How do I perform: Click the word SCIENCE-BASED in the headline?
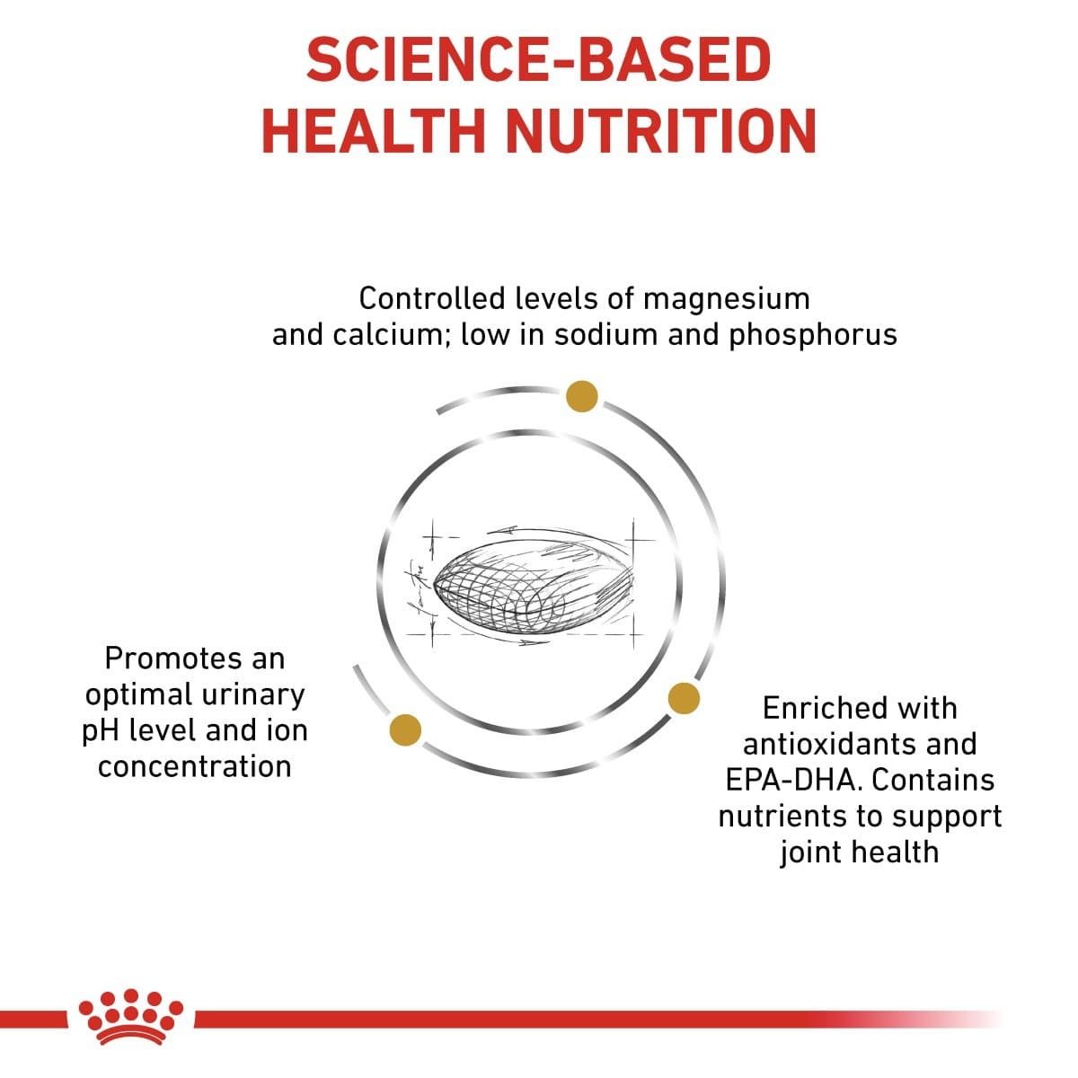pyautogui.click(x=538, y=60)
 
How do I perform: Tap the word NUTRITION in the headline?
pyautogui.click(x=661, y=130)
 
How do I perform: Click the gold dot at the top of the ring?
pyautogui.click(x=581, y=396)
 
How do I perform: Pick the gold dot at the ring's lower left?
pyautogui.click(x=404, y=729)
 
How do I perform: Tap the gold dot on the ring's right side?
pyautogui.click(x=684, y=698)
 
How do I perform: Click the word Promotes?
pyautogui.click(x=195, y=658)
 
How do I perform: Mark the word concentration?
pyautogui.click(x=195, y=766)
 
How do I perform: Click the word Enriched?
pyautogui.click(x=860, y=708)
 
